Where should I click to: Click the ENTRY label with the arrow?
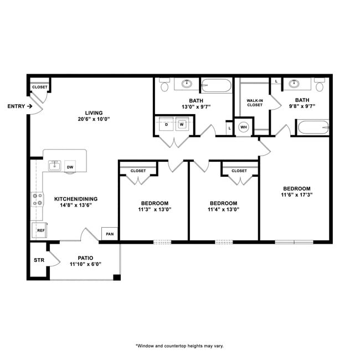coord(19,106)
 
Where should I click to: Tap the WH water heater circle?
coord(243,127)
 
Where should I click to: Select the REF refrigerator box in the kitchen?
coord(40,230)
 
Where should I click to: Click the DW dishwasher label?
coord(70,167)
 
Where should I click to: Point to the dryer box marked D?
coord(166,125)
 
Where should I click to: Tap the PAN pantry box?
coord(110,234)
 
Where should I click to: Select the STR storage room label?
coord(38,259)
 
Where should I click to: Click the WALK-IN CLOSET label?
coord(254,102)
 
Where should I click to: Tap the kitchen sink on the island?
coord(54,166)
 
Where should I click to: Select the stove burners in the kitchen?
coord(38,199)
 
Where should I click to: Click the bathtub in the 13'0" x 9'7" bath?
coord(217,85)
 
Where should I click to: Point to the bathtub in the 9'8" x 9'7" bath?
coord(313,128)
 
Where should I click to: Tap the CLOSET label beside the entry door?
coord(39,87)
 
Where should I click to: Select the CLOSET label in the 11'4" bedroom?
coord(239,171)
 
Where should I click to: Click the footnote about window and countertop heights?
coord(179,346)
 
